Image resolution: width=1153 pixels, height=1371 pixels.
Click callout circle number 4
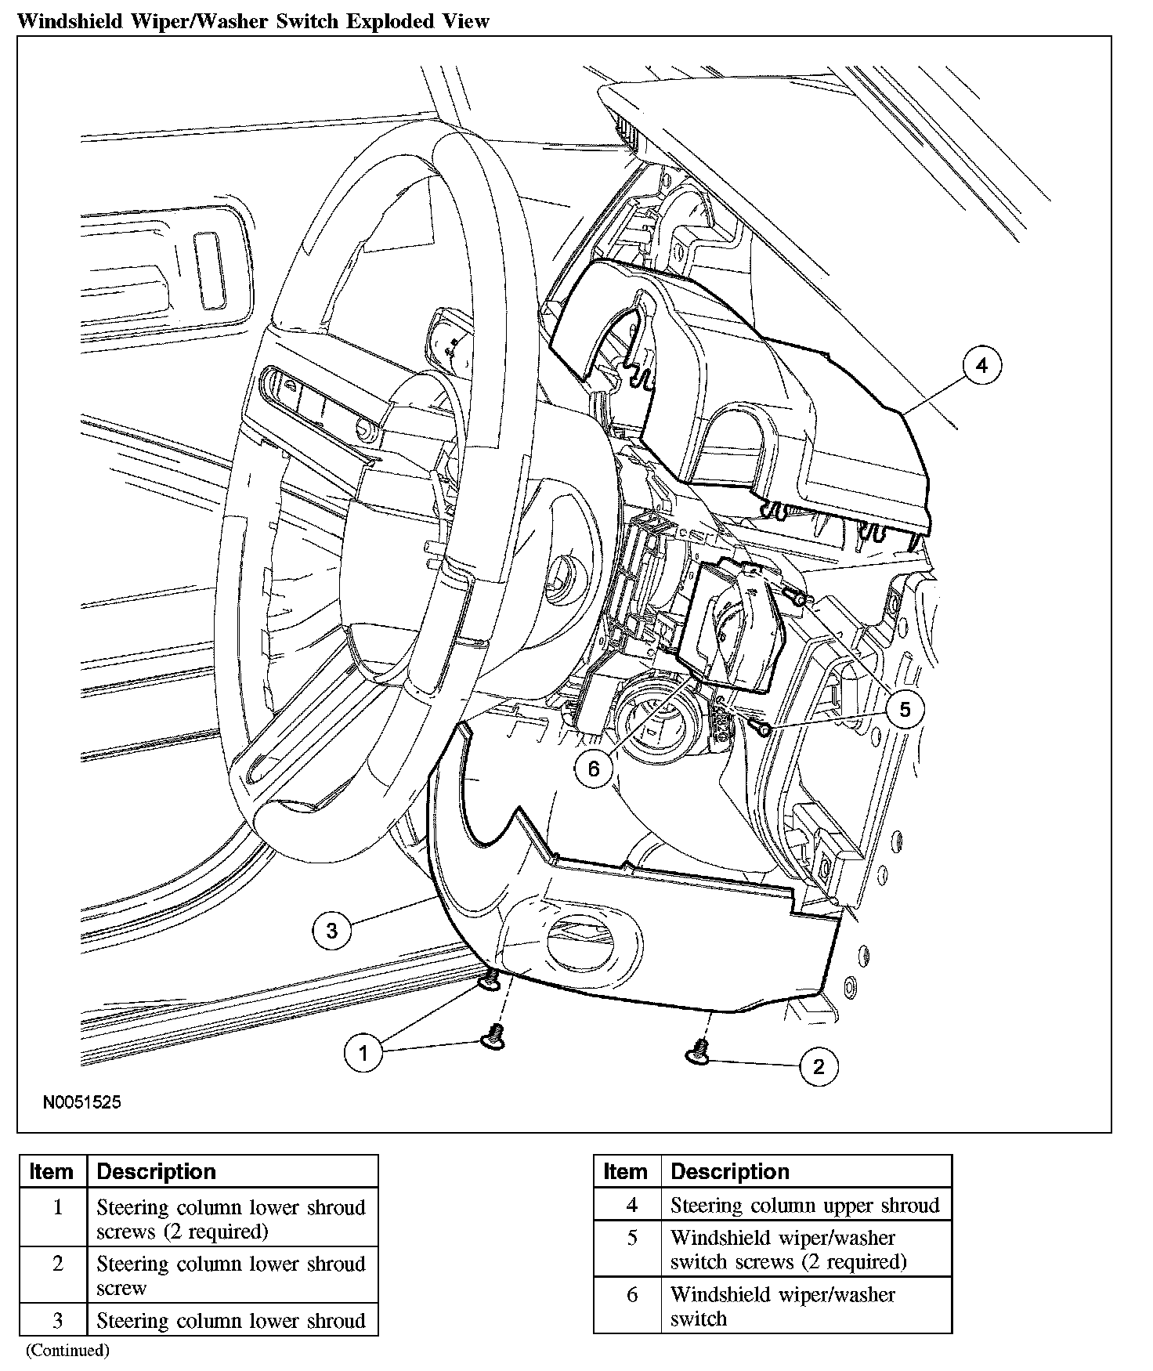click(x=981, y=366)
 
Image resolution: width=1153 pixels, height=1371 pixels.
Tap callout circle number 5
click(x=905, y=710)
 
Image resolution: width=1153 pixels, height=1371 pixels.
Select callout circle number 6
click(x=593, y=769)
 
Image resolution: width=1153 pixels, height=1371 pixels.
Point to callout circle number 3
click(x=331, y=931)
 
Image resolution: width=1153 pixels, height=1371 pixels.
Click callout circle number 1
click(x=363, y=1053)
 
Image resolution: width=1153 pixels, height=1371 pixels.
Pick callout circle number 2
click(x=819, y=1066)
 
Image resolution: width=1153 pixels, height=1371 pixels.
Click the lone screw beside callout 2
click(x=699, y=1052)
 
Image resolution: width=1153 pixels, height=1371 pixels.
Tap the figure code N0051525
click(x=82, y=1102)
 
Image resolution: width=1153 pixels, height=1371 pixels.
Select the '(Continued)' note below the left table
click(x=67, y=1350)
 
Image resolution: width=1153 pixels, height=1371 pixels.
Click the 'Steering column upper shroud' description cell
click(x=805, y=1205)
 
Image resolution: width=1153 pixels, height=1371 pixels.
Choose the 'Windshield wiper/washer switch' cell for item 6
click(x=783, y=1306)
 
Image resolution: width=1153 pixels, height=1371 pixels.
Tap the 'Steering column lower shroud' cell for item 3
click(x=231, y=1321)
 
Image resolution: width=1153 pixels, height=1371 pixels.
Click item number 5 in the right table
click(x=632, y=1238)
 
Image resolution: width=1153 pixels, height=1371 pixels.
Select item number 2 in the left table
click(x=57, y=1264)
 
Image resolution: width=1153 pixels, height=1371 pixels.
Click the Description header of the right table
click(x=730, y=1171)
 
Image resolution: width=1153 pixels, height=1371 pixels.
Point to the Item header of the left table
click(x=51, y=1171)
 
